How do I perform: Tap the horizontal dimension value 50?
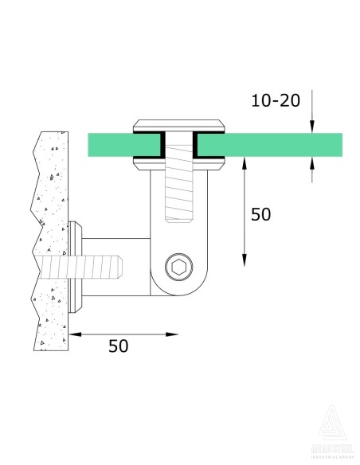click(119, 346)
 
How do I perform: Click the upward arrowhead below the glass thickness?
click(312, 162)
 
